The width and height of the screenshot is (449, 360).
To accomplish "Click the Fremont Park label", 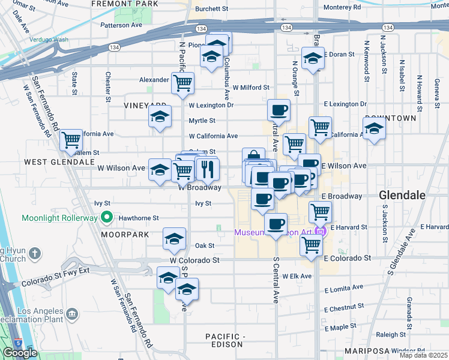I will [x=125, y=4].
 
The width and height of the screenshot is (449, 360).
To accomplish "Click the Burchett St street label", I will [x=212, y=9].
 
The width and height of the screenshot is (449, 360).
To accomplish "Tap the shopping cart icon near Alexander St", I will [x=182, y=83].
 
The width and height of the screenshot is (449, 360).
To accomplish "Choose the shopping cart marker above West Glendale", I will [x=71, y=140].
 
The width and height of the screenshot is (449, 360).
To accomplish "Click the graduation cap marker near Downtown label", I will [x=374, y=128].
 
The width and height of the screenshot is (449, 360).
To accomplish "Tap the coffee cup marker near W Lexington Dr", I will [x=279, y=110].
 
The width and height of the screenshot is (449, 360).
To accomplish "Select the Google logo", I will [x=20, y=353].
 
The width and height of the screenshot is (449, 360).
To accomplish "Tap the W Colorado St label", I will [x=194, y=260].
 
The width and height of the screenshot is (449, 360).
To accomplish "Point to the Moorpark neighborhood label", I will [x=121, y=233].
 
